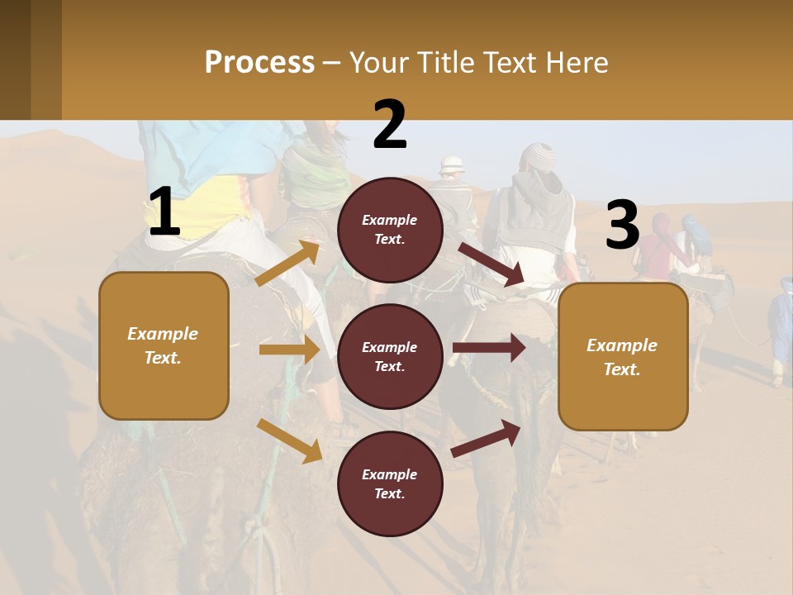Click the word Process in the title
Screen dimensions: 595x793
[259, 63]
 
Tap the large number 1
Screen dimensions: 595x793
[164, 212]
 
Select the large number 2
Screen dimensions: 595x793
[390, 125]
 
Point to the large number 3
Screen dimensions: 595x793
[622, 226]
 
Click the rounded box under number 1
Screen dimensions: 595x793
[164, 345]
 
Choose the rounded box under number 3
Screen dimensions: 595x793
[623, 356]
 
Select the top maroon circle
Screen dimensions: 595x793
[390, 230]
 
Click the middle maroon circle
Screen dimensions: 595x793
[390, 356]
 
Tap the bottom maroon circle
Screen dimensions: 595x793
[390, 483]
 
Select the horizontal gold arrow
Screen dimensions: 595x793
[289, 350]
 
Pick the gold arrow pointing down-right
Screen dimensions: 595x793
[289, 440]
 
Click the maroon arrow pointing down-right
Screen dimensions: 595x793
[491, 265]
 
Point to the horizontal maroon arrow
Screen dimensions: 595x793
[489, 347]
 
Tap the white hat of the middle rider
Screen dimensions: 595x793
[452, 164]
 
